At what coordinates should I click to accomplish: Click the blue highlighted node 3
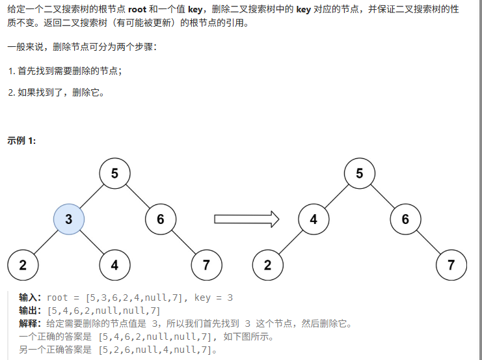point(68,219)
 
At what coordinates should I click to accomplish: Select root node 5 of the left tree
point(114,173)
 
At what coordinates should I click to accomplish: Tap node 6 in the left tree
point(161,219)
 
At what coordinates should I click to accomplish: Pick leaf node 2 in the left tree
point(23,265)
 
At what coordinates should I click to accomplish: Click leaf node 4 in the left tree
point(114,265)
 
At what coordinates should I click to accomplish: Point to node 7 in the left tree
point(206,265)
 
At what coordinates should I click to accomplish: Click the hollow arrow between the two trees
point(247,219)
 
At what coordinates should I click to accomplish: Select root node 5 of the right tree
point(360,173)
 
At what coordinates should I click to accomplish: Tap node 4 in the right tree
point(314,219)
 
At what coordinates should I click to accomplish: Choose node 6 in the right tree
point(405,219)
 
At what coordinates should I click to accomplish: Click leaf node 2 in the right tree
point(267,265)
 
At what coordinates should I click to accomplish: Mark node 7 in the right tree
point(451,265)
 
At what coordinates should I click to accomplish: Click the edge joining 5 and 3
point(92,196)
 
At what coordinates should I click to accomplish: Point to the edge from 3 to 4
point(92,242)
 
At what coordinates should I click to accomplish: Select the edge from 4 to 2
point(291,242)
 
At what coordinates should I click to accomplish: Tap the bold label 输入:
point(30,298)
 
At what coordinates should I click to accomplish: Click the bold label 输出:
point(30,311)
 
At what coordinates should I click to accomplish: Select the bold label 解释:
point(30,324)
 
